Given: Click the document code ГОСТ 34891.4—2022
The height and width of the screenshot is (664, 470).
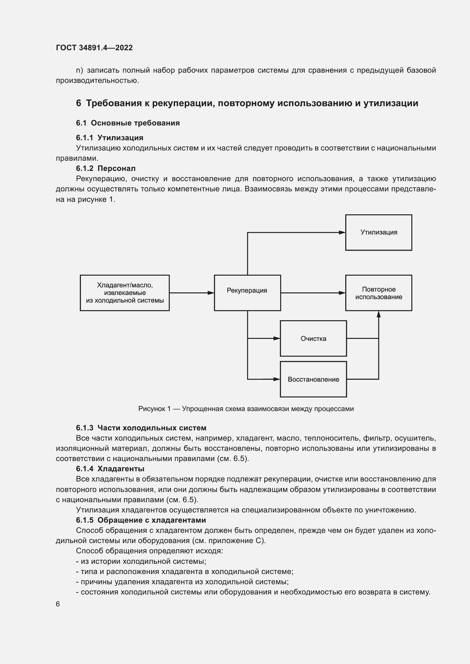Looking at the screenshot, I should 94,48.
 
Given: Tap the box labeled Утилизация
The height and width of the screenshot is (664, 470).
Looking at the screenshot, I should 379,232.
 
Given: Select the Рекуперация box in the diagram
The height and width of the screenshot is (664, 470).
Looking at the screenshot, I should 247,293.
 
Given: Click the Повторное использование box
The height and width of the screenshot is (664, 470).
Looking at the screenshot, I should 379,293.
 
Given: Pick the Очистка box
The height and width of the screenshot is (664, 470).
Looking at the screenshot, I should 313,338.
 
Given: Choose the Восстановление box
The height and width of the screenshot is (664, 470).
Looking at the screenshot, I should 313,379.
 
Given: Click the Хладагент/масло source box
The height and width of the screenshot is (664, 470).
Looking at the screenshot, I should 125,293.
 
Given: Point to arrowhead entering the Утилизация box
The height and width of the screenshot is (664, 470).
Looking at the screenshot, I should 342,232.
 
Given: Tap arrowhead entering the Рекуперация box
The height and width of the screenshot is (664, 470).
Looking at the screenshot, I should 211,293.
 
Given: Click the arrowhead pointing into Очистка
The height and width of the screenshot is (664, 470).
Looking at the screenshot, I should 277,338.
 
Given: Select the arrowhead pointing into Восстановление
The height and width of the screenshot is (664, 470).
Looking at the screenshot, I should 277,379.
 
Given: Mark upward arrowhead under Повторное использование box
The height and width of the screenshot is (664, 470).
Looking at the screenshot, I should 379,314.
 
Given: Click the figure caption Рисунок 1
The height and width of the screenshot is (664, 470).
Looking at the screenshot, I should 246,409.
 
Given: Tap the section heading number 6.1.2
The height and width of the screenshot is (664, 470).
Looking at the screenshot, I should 85,168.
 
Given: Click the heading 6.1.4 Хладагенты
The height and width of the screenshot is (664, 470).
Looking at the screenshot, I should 110,468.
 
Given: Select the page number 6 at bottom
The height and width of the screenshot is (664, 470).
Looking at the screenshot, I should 58,604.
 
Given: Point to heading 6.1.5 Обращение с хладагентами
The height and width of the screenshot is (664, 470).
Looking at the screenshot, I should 141,520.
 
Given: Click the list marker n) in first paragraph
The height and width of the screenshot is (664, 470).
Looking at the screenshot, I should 79,70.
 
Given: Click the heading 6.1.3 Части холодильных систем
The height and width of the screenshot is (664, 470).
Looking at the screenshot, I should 141,428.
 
